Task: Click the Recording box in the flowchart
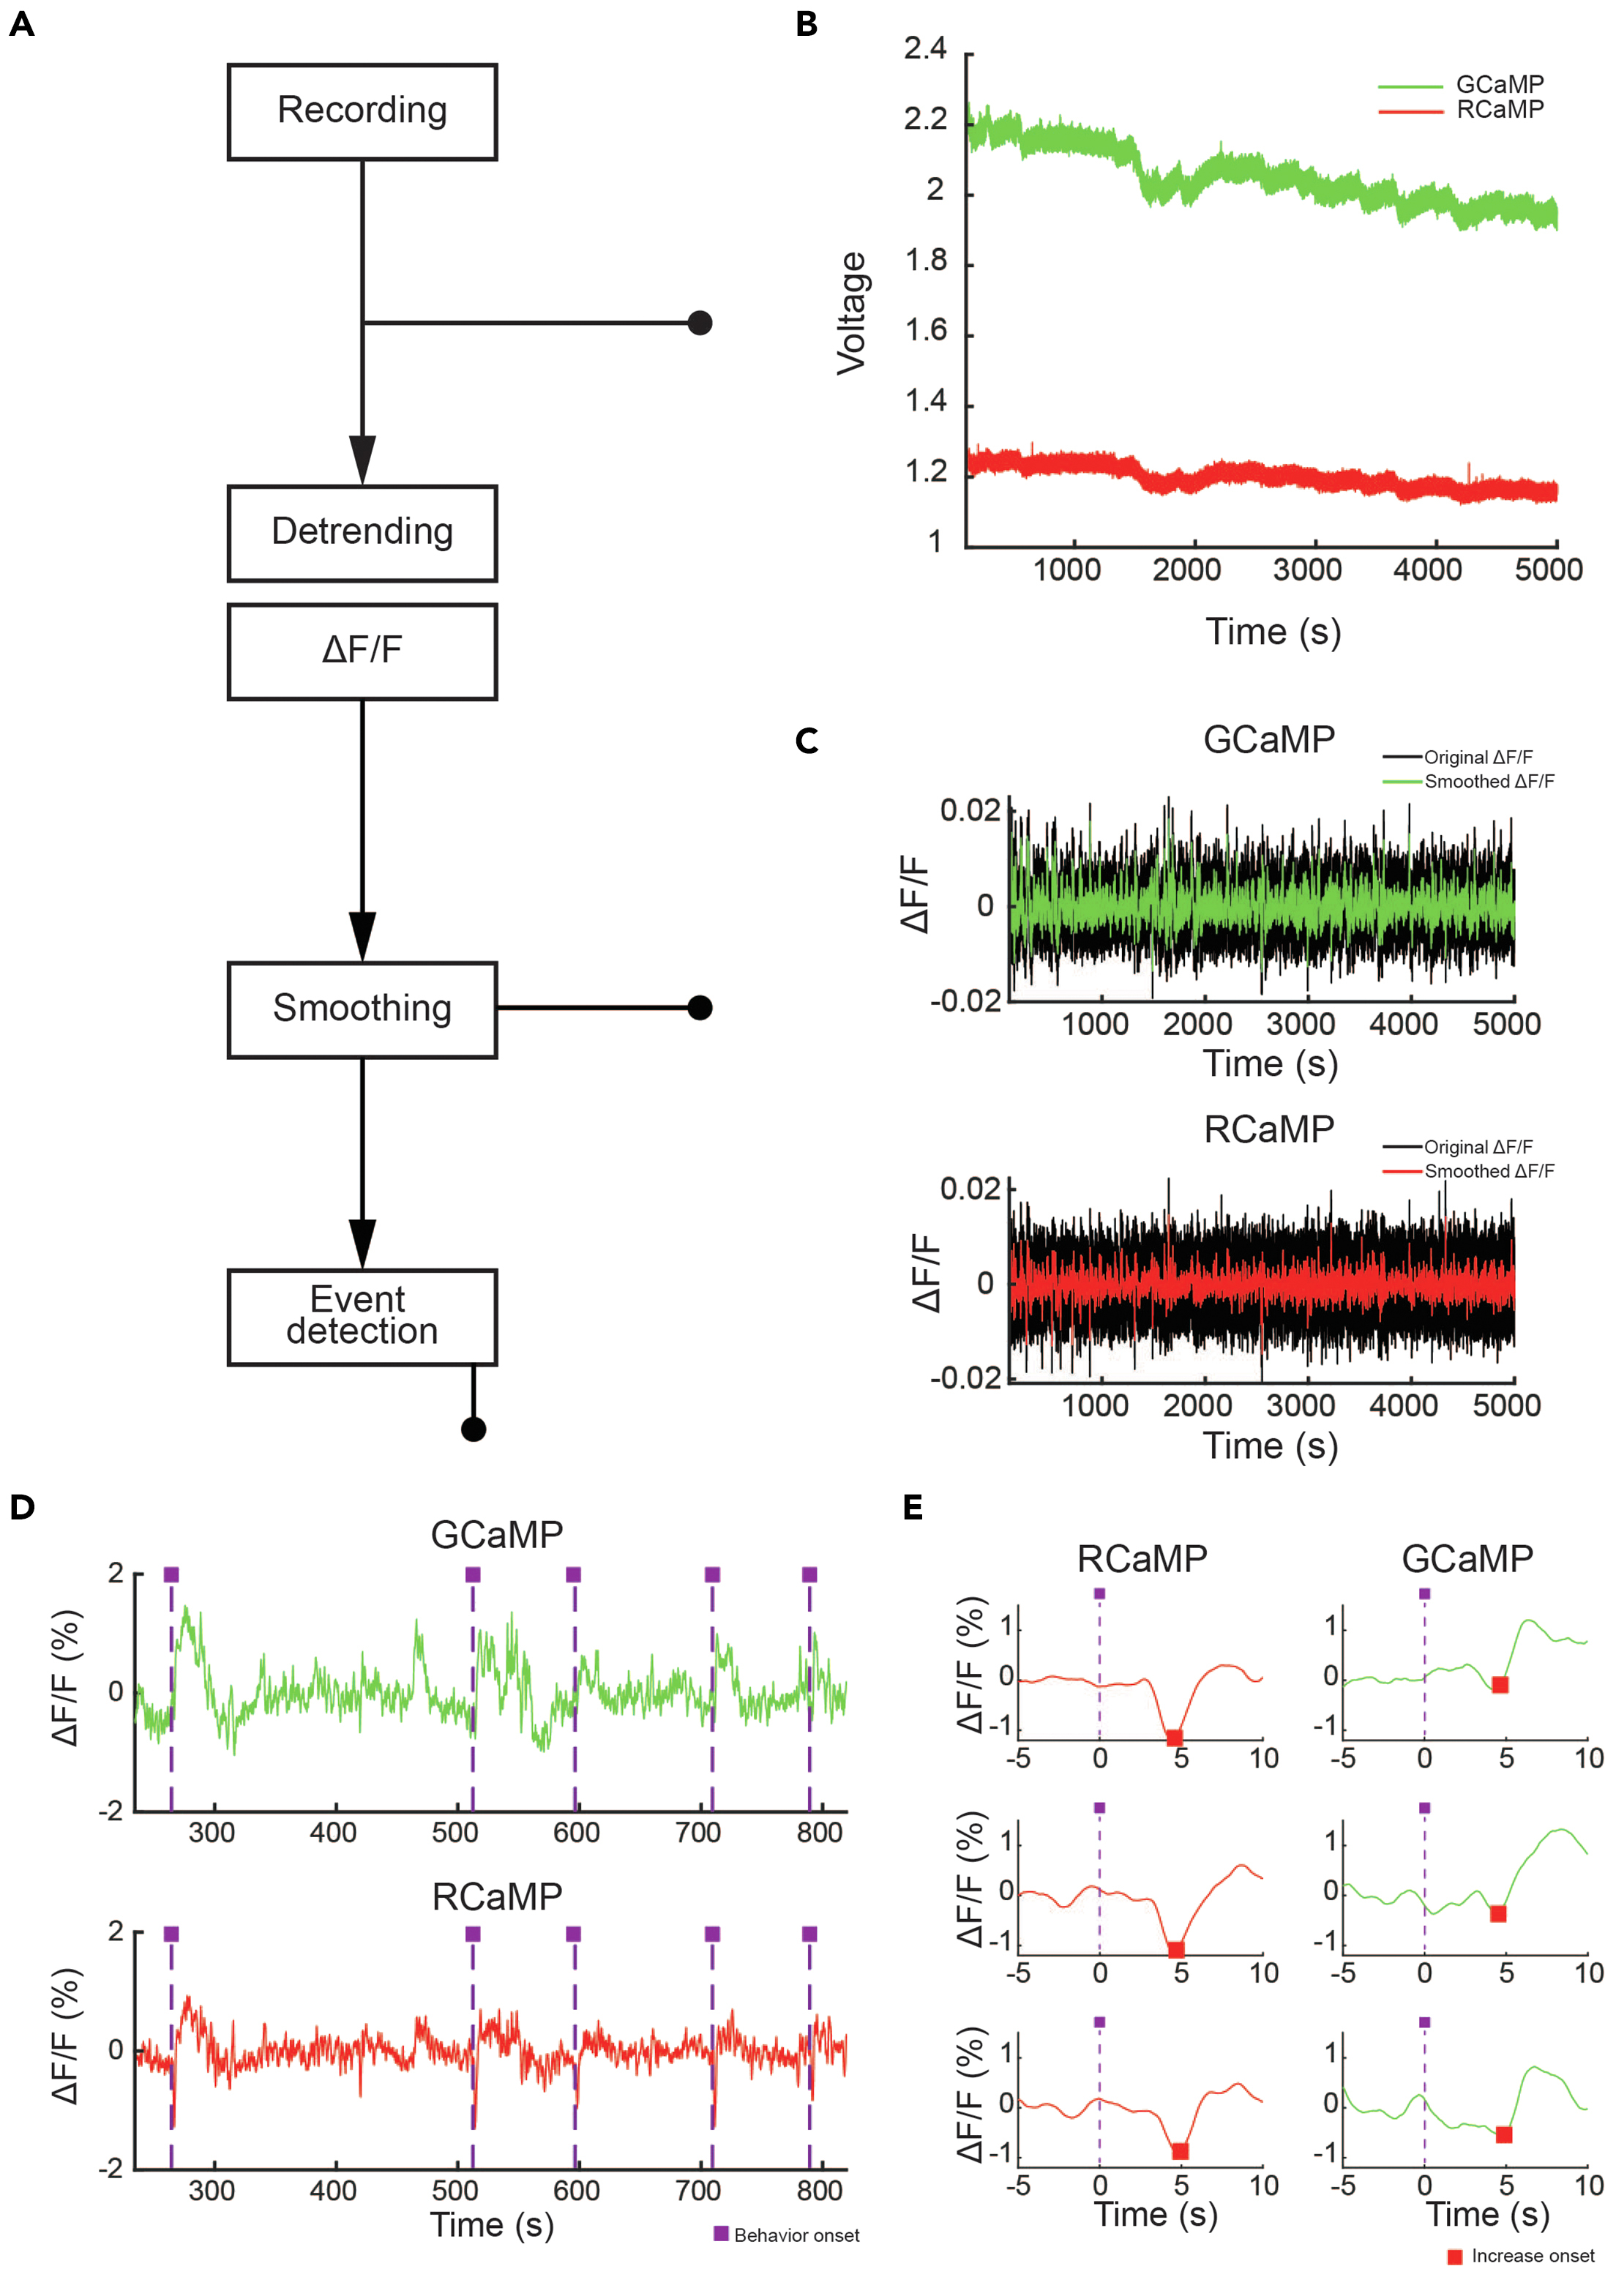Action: tap(362, 111)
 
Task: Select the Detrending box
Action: tap(362, 532)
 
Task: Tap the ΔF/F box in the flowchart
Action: tap(362, 651)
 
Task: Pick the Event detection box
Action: tap(362, 1316)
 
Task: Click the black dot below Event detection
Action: tap(474, 1429)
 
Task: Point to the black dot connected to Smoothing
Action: tap(700, 1008)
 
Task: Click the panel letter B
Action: tap(807, 24)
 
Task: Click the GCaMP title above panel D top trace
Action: tap(496, 1535)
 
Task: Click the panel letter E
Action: tap(913, 1508)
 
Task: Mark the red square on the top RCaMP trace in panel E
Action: tap(1174, 1738)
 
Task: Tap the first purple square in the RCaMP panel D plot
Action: tap(171, 1934)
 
